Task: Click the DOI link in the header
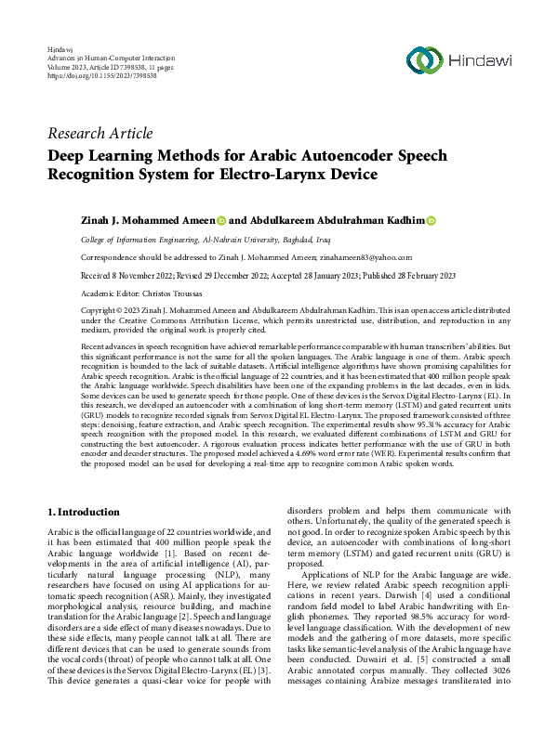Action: point(89,75)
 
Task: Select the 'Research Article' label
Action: point(100,133)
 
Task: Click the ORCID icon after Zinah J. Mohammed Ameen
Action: point(221,220)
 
